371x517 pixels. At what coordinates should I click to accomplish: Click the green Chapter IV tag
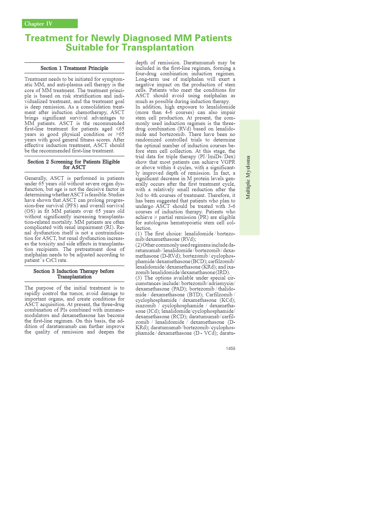(x=49, y=24)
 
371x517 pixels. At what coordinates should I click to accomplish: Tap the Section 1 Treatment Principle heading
(x=74, y=68)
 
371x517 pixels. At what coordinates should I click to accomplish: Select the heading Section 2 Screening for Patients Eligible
(x=74, y=162)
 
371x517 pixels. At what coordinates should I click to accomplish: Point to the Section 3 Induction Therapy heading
(x=74, y=271)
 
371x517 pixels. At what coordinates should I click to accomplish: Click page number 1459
(x=230, y=348)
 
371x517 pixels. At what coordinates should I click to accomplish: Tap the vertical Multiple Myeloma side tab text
(x=248, y=177)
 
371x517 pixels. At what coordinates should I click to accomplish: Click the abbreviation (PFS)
(x=72, y=206)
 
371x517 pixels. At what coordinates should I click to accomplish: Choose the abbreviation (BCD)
(x=199, y=262)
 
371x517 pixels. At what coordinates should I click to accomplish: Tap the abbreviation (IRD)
(x=223, y=273)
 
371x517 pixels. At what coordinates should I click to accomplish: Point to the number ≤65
(x=120, y=129)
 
